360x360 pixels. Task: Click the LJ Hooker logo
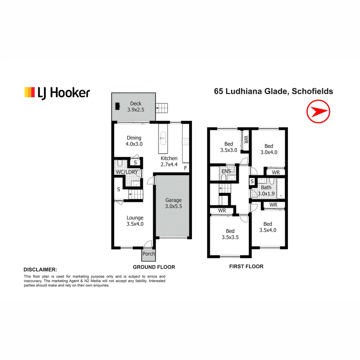(x=57, y=93)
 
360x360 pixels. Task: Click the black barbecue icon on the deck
(x=117, y=106)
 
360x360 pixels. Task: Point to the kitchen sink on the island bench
(x=163, y=138)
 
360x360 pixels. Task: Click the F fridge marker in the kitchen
(x=185, y=168)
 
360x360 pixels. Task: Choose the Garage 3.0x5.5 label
(x=174, y=203)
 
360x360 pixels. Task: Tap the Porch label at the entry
(x=149, y=254)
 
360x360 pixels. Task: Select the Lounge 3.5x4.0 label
(x=135, y=221)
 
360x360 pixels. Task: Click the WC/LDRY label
(x=126, y=172)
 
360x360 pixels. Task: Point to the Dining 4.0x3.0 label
(x=134, y=141)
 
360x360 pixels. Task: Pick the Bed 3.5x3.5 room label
(x=230, y=234)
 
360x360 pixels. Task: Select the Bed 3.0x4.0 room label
(x=269, y=149)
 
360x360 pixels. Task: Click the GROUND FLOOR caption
(x=154, y=267)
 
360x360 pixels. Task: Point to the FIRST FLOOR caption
(x=246, y=266)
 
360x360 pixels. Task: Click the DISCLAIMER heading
(x=40, y=269)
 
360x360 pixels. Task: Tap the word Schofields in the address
(x=312, y=91)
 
